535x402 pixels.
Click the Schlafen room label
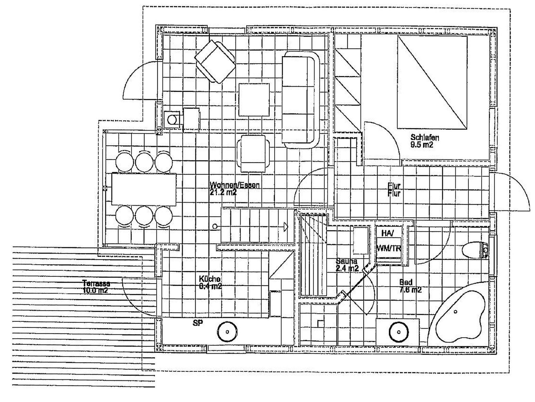[x=425, y=137]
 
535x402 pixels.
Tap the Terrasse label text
[x=96, y=283]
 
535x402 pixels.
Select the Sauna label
[x=346, y=261]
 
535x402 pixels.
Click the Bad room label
[x=406, y=282]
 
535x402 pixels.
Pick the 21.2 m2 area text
[x=223, y=193]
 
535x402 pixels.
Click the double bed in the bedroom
[x=432, y=82]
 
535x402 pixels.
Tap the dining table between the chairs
[x=144, y=189]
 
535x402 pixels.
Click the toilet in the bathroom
[x=474, y=250]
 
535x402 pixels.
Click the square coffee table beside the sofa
[x=254, y=100]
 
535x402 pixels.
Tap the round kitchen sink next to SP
[x=227, y=332]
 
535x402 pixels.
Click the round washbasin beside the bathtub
[x=399, y=332]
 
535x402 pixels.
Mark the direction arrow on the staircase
[x=286, y=227]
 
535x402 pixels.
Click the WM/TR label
[x=388, y=248]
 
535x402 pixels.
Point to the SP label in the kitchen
[x=198, y=323]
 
